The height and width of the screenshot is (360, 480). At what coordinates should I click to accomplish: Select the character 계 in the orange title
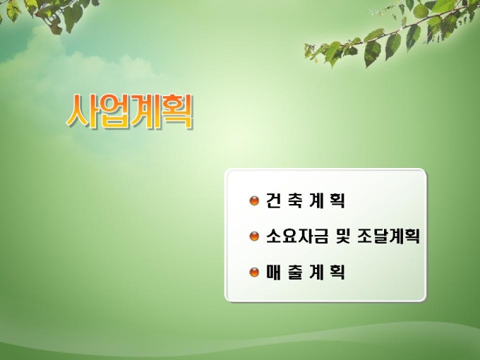144,112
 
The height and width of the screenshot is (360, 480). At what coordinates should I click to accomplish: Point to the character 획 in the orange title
176,112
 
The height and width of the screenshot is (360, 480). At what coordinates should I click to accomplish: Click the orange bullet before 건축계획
254,201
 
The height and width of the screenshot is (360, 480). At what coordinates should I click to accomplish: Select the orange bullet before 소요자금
254,236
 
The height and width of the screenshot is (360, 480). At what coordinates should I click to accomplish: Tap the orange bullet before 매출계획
254,272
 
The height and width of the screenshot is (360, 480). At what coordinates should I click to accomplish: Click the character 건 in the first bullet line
273,200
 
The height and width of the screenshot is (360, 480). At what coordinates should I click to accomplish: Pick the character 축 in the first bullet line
295,200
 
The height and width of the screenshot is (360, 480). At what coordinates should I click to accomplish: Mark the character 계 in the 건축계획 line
316,200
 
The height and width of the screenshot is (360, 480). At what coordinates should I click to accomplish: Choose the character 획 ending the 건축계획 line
337,200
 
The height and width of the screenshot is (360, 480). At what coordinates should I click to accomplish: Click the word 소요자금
297,236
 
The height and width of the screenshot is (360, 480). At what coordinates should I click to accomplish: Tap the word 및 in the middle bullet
343,236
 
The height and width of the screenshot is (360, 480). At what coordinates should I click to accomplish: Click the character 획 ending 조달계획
412,236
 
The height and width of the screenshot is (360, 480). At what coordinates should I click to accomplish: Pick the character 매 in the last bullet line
273,272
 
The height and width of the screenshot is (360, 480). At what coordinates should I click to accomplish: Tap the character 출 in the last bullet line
295,272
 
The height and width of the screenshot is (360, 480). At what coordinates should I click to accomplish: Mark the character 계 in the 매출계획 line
316,272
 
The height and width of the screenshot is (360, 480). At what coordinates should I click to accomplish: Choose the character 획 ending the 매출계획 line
337,272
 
